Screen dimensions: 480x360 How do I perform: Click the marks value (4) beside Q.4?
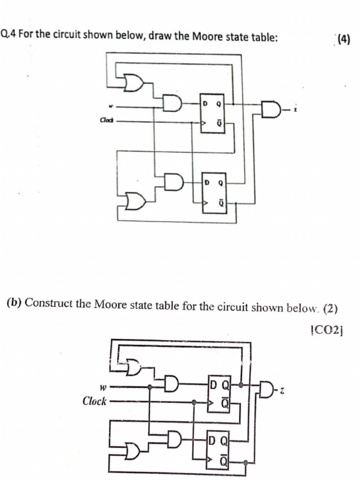[x=344, y=39]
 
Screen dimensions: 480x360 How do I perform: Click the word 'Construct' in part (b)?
[x=46, y=302]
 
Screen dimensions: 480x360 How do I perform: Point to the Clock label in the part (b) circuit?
[x=95, y=401]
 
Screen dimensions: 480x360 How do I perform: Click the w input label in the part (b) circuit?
[x=102, y=387]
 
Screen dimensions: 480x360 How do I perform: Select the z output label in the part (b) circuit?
[x=283, y=390]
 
